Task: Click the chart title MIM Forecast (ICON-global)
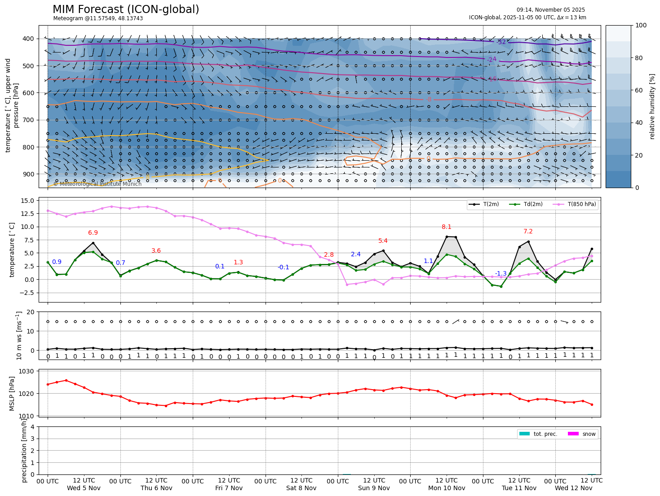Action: pyautogui.click(x=126, y=9)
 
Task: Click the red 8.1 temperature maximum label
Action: pyautogui.click(x=447, y=227)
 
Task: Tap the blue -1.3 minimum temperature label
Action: pyautogui.click(x=501, y=273)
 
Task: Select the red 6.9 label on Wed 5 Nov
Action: pyautogui.click(x=93, y=233)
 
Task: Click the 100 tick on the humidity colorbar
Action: pyautogui.click(x=641, y=26)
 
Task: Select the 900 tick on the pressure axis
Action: pyautogui.click(x=28, y=174)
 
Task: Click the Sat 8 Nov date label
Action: pyautogui.click(x=301, y=488)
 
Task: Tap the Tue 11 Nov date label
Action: pyautogui.click(x=519, y=488)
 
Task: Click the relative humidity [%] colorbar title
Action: pyautogui.click(x=652, y=106)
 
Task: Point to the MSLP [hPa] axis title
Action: pyautogui.click(x=13, y=393)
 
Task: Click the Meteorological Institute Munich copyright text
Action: pyautogui.click(x=97, y=184)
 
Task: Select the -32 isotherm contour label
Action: pyautogui.click(x=501, y=42)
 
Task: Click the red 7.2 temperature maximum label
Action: pyautogui.click(x=528, y=232)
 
